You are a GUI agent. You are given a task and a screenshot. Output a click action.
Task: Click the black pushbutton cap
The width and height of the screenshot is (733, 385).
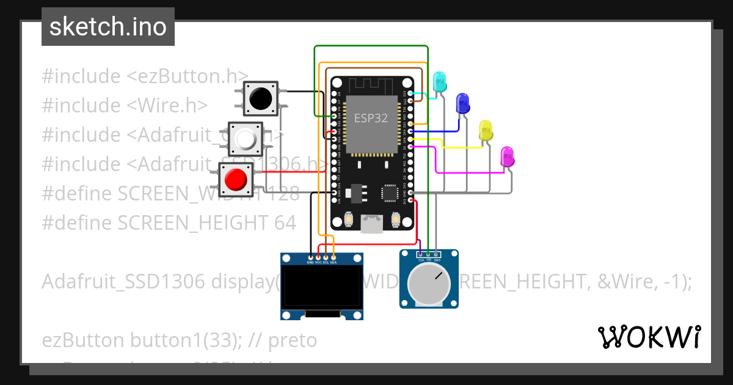point(261,98)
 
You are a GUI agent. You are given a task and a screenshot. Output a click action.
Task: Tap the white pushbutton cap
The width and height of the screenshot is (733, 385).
point(246,139)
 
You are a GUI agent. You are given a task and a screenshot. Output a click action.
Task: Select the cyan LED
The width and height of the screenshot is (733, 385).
point(439,82)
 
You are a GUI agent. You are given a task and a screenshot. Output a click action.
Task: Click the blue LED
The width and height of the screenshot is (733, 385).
point(462,103)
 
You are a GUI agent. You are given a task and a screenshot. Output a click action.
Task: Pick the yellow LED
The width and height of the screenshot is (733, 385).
point(486,131)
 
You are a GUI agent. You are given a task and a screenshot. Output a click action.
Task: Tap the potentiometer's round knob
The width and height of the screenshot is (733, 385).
point(429,285)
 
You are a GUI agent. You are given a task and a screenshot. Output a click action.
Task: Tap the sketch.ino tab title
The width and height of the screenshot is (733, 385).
point(108,27)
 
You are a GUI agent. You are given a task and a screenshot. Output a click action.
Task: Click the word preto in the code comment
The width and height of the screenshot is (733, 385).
point(293,340)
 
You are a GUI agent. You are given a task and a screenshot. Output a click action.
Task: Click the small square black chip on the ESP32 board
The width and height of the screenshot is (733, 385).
point(390,193)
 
